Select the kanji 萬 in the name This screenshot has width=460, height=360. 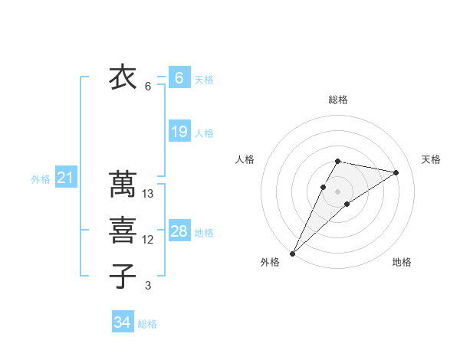[x=123, y=185]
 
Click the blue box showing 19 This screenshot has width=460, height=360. [x=179, y=132]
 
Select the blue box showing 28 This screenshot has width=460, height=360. [x=179, y=231]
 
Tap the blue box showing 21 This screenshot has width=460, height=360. [x=66, y=178]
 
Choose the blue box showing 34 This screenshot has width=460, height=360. [x=123, y=322]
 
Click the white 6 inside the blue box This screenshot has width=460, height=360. [x=179, y=78]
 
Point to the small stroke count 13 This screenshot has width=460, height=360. [x=149, y=194]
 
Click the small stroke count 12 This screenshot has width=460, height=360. [x=149, y=240]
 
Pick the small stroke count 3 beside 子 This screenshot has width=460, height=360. [x=148, y=286]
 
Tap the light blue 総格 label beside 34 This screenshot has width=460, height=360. [x=147, y=324]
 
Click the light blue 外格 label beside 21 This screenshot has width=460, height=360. [x=41, y=179]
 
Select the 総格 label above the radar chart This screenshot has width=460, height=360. [x=338, y=100]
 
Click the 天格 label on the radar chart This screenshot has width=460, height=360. [x=432, y=159]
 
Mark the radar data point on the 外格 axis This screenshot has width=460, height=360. [x=293, y=253]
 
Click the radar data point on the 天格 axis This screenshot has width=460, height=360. [x=396, y=172]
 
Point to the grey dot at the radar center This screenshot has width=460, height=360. [x=338, y=191]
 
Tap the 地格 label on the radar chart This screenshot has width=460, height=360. [x=402, y=262]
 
